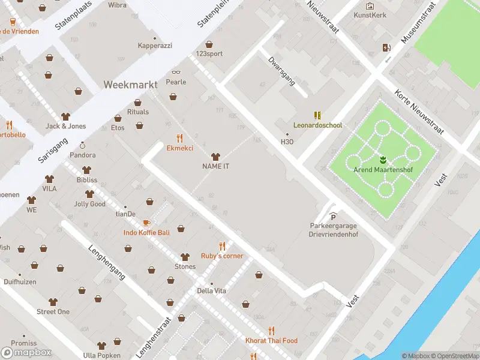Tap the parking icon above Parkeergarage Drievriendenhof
334,217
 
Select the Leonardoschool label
317,125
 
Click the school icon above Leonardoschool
317,115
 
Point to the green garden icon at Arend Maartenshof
383,160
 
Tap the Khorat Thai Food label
271,341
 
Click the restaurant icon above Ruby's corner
222,245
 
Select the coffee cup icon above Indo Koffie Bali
146,223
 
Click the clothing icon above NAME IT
216,156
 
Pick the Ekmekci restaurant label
179,148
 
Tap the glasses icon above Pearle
176,72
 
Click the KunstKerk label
370,15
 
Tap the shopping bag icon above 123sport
209,44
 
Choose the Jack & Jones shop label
65,126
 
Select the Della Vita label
211,291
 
